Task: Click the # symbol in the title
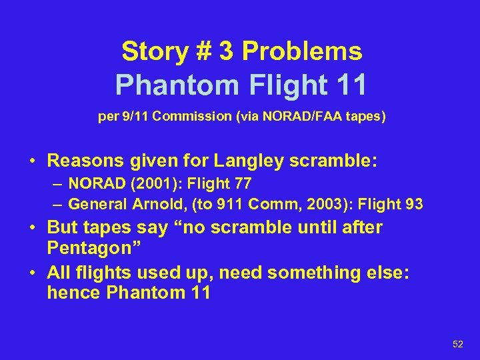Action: [x=202, y=51]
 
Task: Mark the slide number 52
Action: [x=457, y=344]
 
